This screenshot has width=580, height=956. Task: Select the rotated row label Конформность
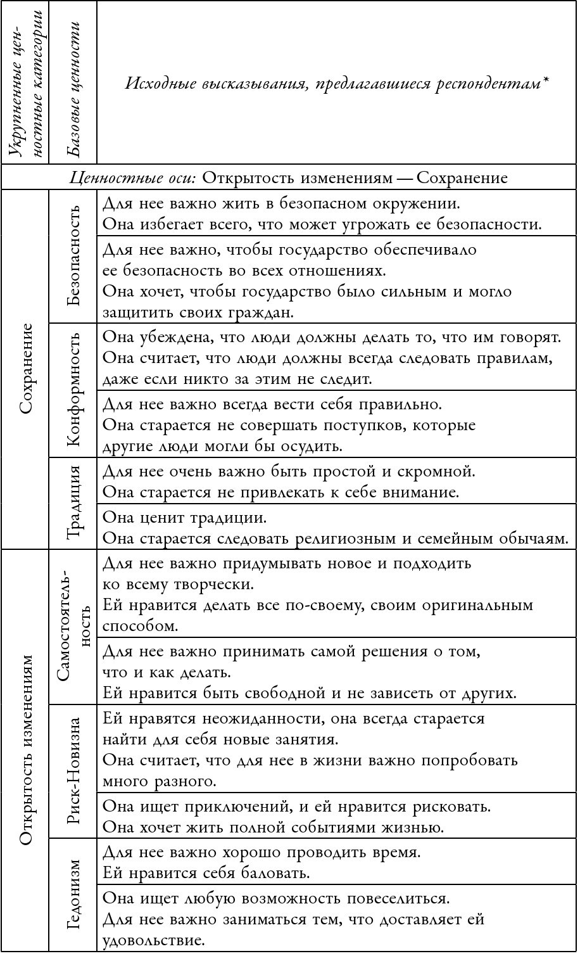tap(73, 389)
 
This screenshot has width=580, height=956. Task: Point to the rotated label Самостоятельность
tap(73, 627)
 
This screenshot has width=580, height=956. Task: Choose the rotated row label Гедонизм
tap(73, 895)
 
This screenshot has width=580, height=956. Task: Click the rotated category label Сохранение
tap(25, 369)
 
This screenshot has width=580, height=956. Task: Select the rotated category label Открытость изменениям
tap(25, 750)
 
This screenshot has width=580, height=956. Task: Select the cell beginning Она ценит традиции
tap(336, 527)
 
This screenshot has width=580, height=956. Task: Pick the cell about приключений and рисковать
tap(336, 817)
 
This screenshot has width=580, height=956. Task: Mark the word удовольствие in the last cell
tap(154, 940)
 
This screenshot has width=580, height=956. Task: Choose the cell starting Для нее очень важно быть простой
tap(336, 481)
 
